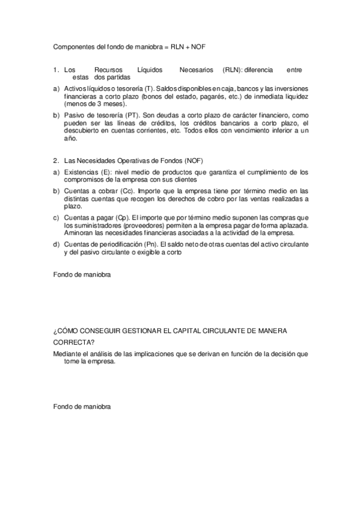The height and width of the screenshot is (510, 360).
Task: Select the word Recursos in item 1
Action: pyautogui.click(x=109, y=70)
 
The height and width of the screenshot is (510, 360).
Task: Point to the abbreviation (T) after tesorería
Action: pyautogui.click(x=150, y=88)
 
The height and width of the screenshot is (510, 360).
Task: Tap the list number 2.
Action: pyautogui.click(x=56, y=160)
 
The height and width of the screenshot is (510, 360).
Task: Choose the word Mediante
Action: pyautogui.click(x=67, y=354)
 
